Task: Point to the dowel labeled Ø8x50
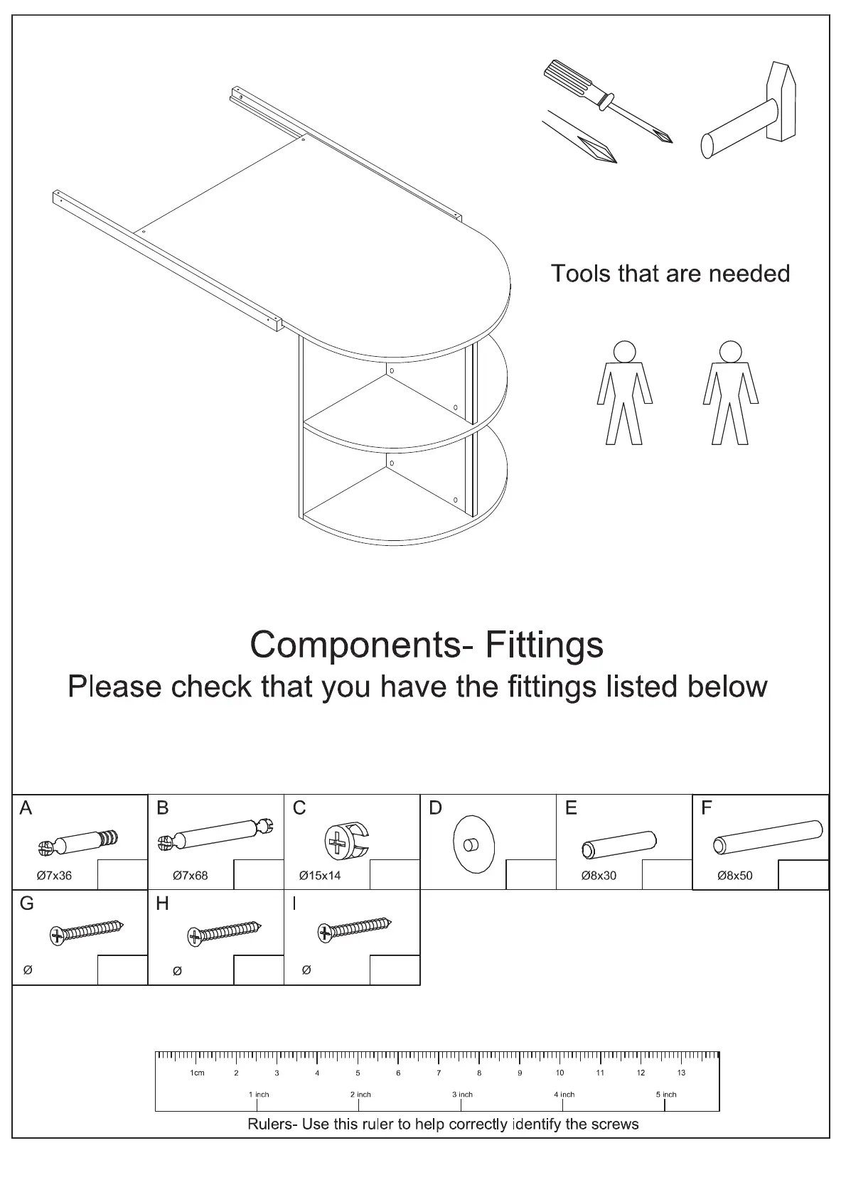coord(768,837)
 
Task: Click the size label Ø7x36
coord(54,876)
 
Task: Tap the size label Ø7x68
coord(190,876)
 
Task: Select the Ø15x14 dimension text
coord(320,876)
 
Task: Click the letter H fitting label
coord(163,903)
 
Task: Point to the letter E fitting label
coord(571,808)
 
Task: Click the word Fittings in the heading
coord(544,645)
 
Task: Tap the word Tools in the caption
coord(581,274)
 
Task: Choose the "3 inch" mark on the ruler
coord(462,1095)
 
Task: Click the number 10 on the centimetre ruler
coord(560,1073)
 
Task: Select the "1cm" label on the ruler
coord(197,1073)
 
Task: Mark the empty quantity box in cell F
coord(803,875)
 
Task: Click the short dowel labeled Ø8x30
coord(619,842)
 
